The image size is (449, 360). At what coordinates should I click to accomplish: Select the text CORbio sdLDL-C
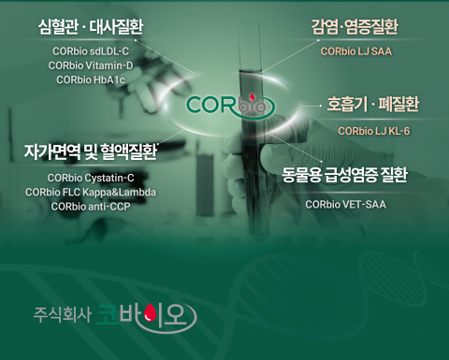pyautogui.click(x=91, y=50)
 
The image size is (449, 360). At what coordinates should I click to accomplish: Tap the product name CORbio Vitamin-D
pyautogui.click(x=91, y=65)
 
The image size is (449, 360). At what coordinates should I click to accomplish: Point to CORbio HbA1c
pyautogui.click(x=91, y=80)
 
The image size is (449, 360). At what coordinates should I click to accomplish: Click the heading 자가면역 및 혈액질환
pyautogui.click(x=91, y=150)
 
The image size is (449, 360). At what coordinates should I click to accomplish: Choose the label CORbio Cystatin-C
pyautogui.click(x=91, y=178)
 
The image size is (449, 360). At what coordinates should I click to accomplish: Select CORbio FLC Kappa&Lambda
pyautogui.click(x=91, y=192)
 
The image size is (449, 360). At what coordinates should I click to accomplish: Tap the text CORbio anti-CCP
pyautogui.click(x=91, y=206)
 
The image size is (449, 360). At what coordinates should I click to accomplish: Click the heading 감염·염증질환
pyautogui.click(x=355, y=24)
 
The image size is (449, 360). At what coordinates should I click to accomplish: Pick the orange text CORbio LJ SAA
pyautogui.click(x=355, y=52)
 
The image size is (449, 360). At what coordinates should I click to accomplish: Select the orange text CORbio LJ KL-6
pyautogui.click(x=374, y=130)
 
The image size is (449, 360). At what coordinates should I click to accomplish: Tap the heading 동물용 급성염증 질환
pyautogui.click(x=345, y=173)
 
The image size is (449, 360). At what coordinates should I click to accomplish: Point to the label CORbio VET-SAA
pyautogui.click(x=345, y=203)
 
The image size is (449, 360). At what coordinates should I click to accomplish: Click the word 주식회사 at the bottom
pyautogui.click(x=58, y=317)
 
